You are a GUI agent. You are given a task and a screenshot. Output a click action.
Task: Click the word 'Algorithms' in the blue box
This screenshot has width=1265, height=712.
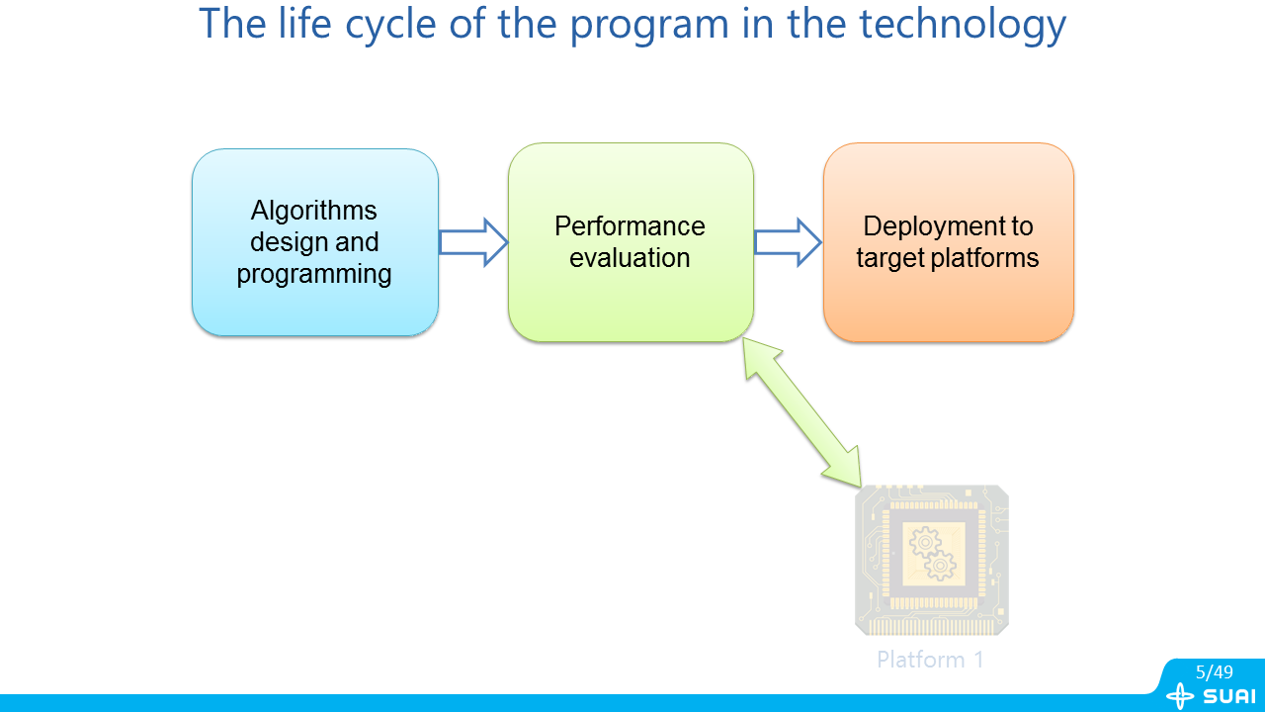(x=314, y=211)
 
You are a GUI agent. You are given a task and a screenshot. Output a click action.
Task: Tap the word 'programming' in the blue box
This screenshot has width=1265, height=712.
(x=314, y=274)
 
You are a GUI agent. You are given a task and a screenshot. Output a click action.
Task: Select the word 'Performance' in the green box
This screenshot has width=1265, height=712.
(x=630, y=226)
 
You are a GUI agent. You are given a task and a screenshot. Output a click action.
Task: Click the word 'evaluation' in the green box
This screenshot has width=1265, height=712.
(x=630, y=258)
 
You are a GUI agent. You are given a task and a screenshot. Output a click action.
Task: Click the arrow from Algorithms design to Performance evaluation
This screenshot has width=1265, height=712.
(x=472, y=242)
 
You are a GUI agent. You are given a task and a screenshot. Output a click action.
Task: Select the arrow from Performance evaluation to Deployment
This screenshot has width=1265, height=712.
(x=788, y=242)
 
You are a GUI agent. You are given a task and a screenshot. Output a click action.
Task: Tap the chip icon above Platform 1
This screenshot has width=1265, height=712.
(x=931, y=560)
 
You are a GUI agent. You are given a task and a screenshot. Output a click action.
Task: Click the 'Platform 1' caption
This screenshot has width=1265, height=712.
(x=930, y=660)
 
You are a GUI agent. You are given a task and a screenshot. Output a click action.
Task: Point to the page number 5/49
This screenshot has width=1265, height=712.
(x=1214, y=672)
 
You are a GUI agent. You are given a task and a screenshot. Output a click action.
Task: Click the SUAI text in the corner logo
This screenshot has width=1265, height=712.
(x=1229, y=696)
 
